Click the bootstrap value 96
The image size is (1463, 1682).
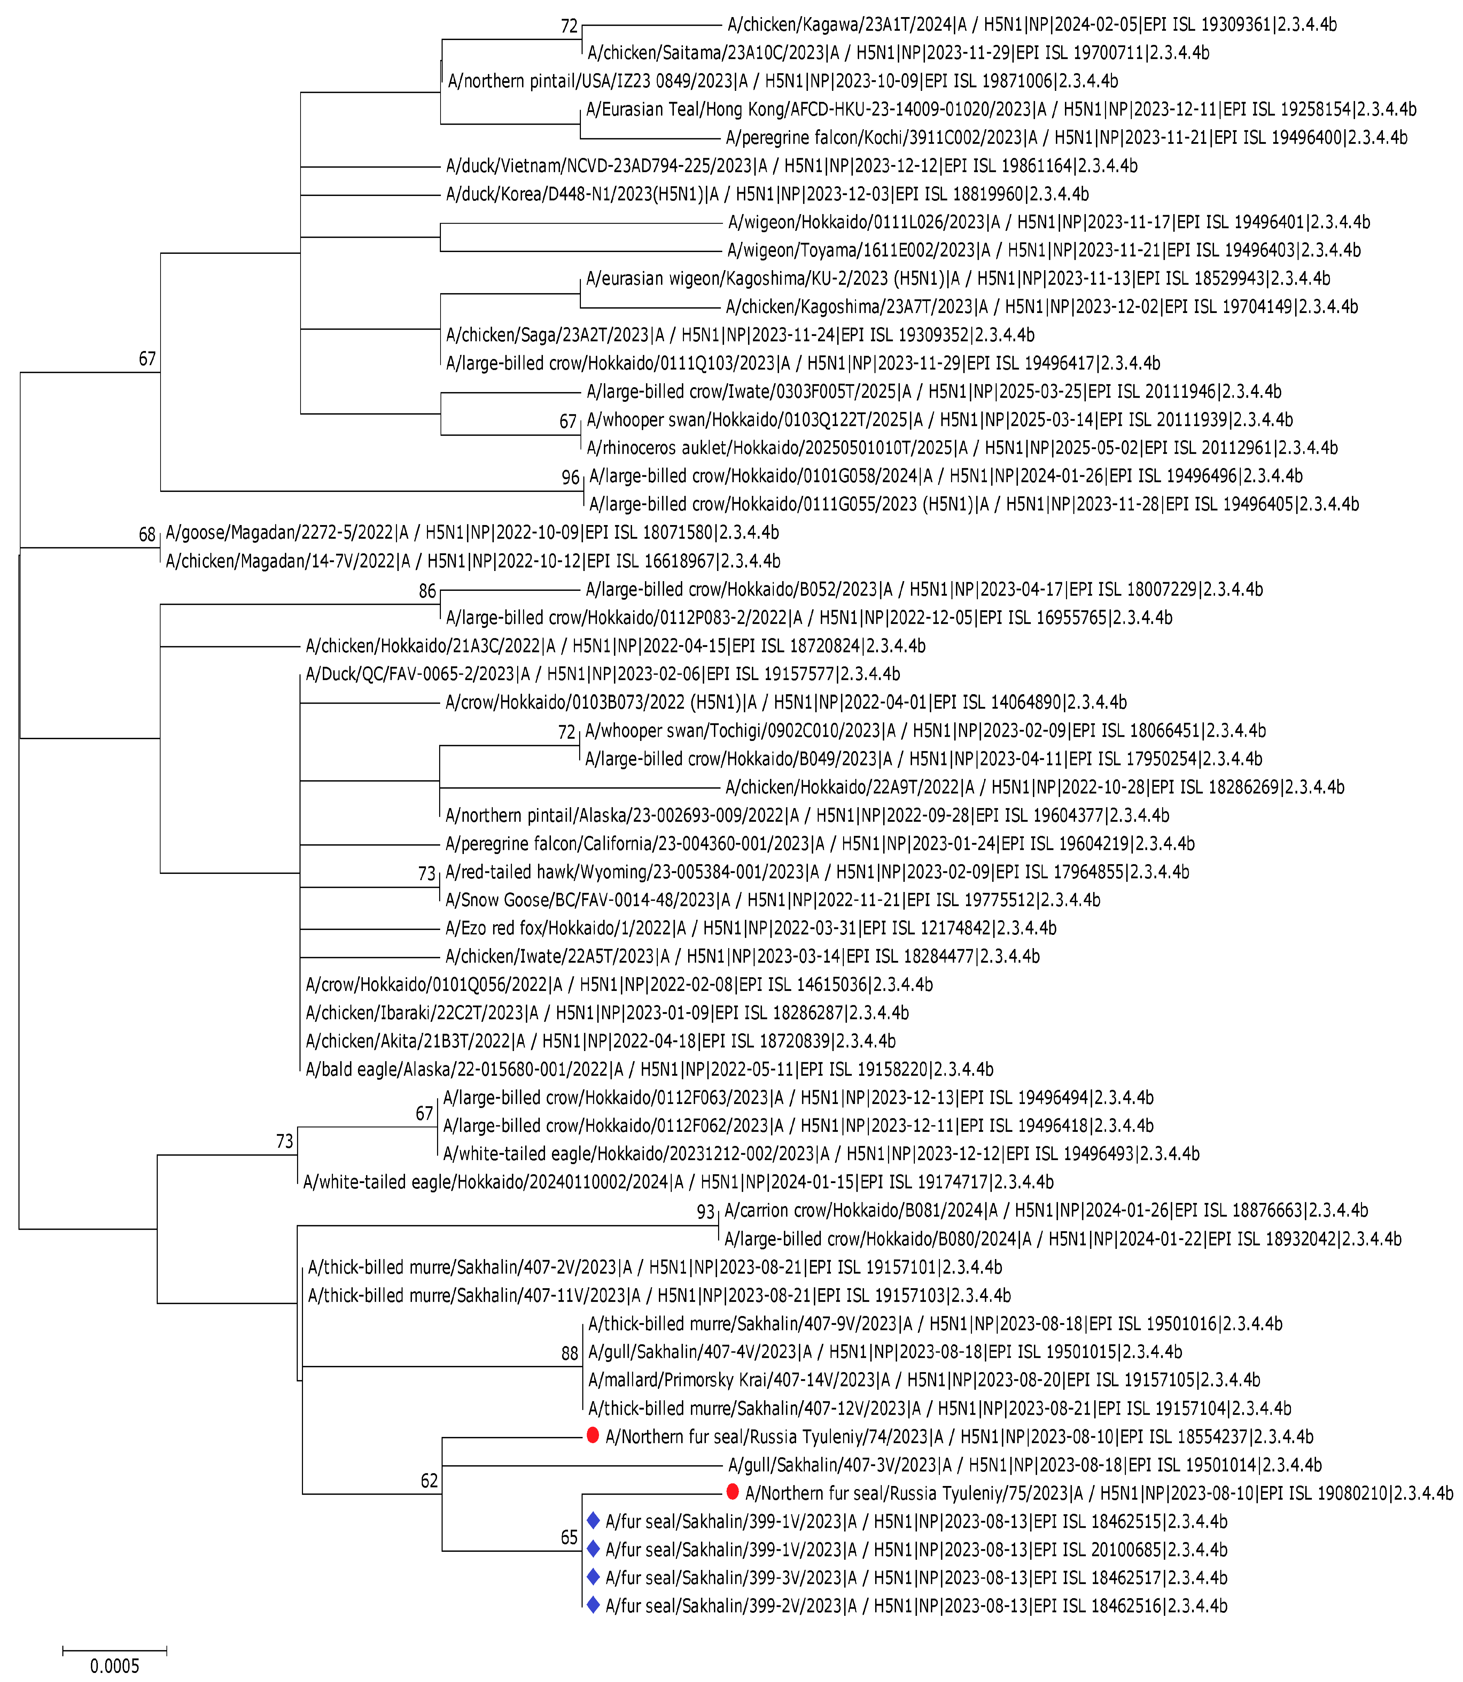(570, 477)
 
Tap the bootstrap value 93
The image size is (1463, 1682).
(705, 1212)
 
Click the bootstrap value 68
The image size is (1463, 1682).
(147, 534)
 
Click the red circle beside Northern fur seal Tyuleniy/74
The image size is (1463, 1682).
(593, 1435)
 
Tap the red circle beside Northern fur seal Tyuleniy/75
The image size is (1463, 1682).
(732, 1492)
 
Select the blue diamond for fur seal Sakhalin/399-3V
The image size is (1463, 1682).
(593, 1577)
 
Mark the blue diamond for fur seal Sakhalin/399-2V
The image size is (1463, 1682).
(593, 1604)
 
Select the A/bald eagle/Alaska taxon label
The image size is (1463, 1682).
(649, 1069)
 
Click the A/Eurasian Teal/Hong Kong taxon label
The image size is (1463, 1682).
(1000, 109)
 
